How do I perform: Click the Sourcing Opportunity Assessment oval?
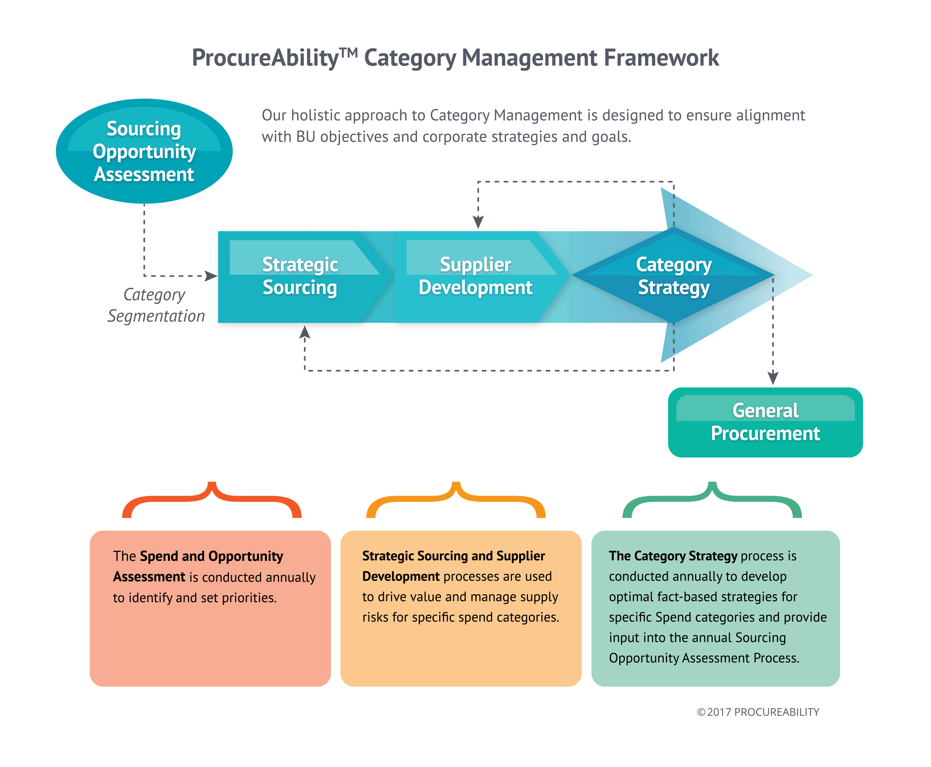(x=144, y=151)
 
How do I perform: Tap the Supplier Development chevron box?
(x=475, y=276)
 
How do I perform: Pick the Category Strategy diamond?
(x=673, y=276)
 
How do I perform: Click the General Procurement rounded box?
(x=765, y=422)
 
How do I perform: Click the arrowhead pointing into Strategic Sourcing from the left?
(x=211, y=276)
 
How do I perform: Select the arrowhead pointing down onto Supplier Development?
(x=478, y=222)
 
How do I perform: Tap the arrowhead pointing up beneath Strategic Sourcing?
(x=305, y=332)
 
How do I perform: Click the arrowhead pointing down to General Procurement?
(x=773, y=378)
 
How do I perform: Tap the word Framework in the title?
(x=661, y=58)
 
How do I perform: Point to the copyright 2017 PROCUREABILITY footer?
(x=758, y=712)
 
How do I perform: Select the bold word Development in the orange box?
(x=401, y=577)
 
